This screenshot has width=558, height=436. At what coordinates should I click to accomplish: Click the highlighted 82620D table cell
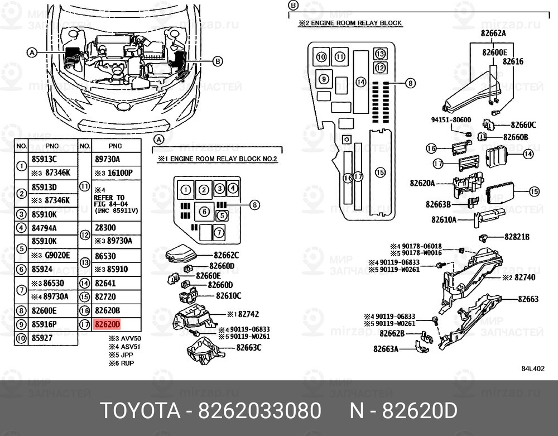pyautogui.click(x=108, y=324)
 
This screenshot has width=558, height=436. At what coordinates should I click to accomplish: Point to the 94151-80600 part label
pyautogui.click(x=451, y=120)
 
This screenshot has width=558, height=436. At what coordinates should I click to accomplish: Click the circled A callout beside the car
pyautogui.click(x=32, y=52)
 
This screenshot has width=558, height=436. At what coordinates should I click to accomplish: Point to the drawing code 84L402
pyautogui.click(x=533, y=369)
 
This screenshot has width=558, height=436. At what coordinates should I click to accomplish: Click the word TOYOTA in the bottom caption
pyautogui.click(x=140, y=411)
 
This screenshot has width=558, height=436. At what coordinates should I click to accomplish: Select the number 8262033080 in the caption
pyautogui.click(x=257, y=411)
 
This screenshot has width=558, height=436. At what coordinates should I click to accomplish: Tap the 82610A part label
pyautogui.click(x=444, y=220)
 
